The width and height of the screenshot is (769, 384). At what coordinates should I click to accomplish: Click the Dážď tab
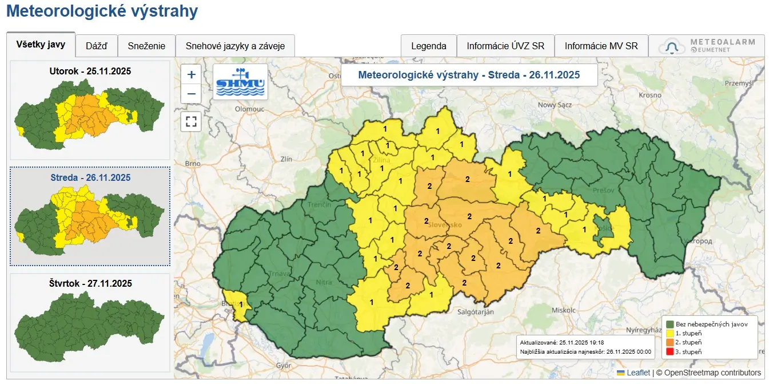pos(96,46)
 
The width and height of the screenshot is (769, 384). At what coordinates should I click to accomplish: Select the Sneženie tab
pos(146,46)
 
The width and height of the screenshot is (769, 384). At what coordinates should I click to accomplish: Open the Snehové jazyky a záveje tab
pos(235,46)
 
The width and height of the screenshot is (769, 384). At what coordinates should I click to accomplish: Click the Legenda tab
pos(428,46)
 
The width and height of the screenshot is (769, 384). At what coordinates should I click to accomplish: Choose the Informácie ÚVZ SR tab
pos(505,46)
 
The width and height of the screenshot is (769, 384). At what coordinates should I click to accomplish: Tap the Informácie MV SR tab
pos(601,46)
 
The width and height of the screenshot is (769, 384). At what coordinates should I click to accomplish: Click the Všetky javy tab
pos(41,45)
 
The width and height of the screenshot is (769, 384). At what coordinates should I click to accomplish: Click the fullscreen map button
pos(191,121)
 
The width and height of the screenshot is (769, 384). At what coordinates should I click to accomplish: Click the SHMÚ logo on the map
pos(240,81)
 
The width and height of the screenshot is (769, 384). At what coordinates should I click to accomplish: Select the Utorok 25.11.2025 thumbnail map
pos(90,110)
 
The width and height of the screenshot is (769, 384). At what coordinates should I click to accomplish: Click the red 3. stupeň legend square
pos(670,351)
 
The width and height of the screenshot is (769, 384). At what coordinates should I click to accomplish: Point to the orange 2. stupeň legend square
pos(670,342)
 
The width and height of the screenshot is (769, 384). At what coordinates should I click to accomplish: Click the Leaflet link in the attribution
pos(638,373)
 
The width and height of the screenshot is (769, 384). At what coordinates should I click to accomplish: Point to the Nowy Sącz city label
pos(555,105)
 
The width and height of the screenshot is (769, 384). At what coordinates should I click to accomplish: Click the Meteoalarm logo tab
pos(707,46)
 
